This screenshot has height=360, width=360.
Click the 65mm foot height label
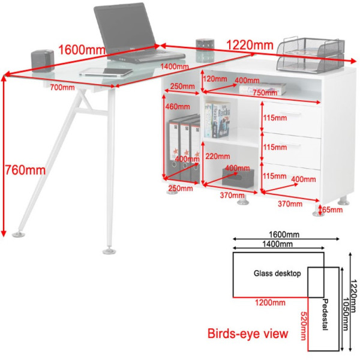(332, 210)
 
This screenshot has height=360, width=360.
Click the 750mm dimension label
(259, 92)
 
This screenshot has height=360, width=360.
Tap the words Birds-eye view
(247, 333)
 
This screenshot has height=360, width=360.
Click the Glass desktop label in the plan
(277, 273)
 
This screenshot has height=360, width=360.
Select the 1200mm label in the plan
(270, 302)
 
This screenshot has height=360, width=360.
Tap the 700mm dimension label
(62, 88)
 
